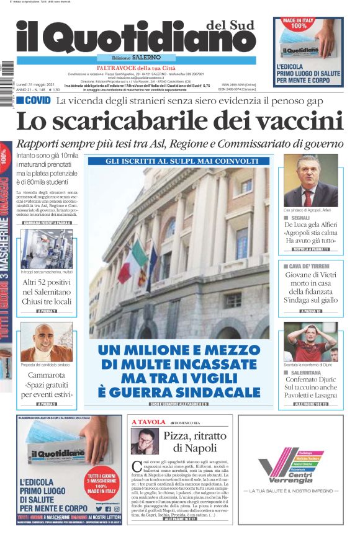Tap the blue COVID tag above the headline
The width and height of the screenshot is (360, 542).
pyautogui.click(x=34, y=100)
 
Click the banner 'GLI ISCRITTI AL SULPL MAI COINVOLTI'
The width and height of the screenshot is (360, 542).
pyautogui.click(x=178, y=161)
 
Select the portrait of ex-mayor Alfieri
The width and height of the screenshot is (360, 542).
pyautogui.click(x=310, y=180)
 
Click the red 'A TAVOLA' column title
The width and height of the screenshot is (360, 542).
pyautogui.click(x=147, y=422)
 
